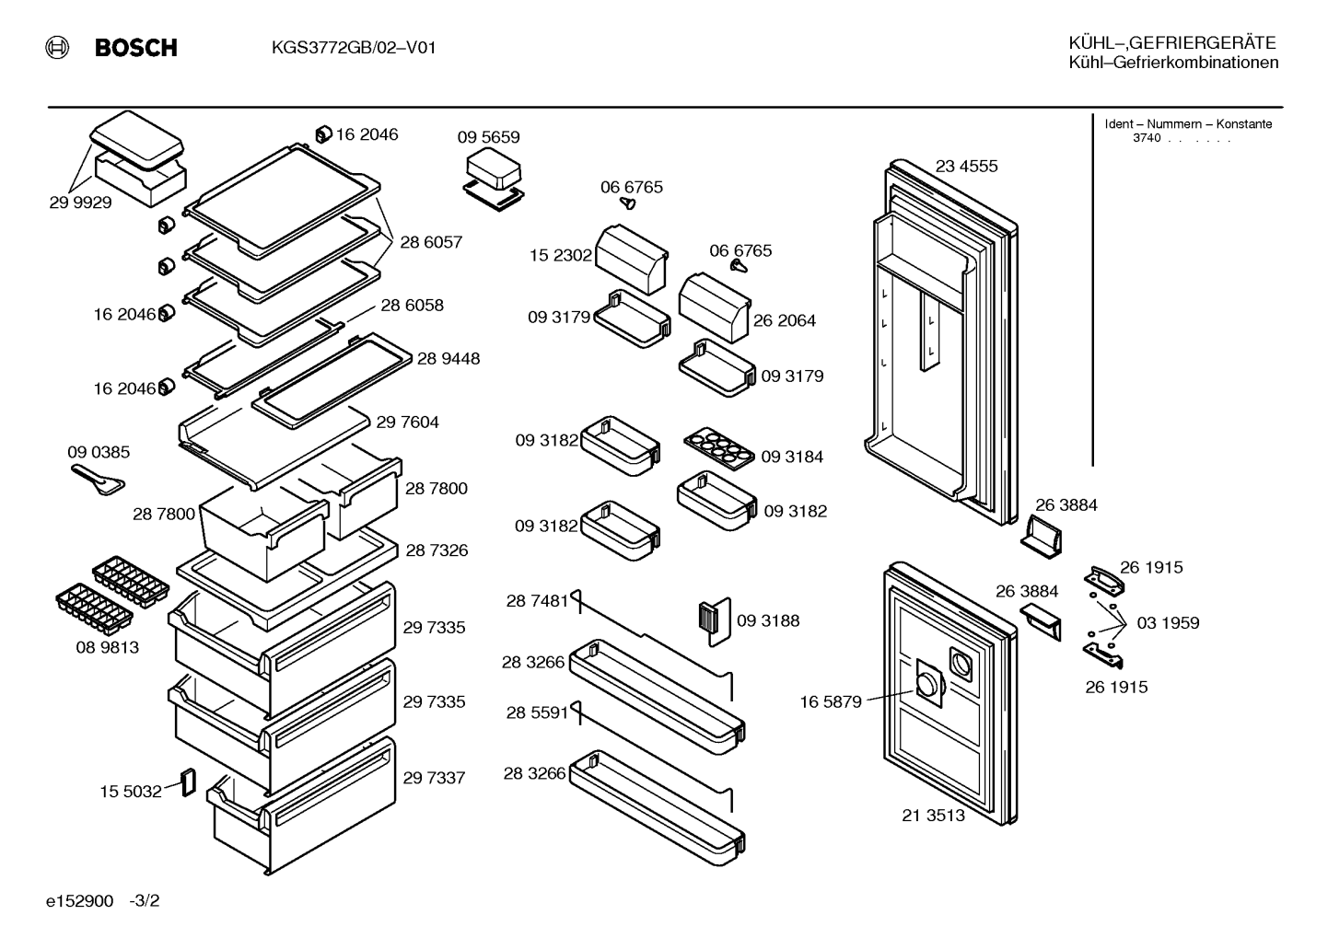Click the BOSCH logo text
point(135,47)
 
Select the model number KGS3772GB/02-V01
point(354,47)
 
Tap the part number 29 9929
point(80,203)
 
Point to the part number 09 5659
point(488,137)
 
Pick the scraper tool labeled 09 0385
point(98,480)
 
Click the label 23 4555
point(966,167)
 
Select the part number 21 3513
point(933,816)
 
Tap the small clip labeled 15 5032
point(188,782)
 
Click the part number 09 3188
point(768,621)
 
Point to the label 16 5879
point(831,702)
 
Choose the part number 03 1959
point(1168,623)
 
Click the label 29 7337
point(434,778)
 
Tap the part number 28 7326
point(437,550)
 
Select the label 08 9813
point(108,648)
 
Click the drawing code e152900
point(79,901)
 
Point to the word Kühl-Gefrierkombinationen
point(1173,63)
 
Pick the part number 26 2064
point(785,320)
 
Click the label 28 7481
point(537,601)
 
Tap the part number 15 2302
point(560,255)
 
